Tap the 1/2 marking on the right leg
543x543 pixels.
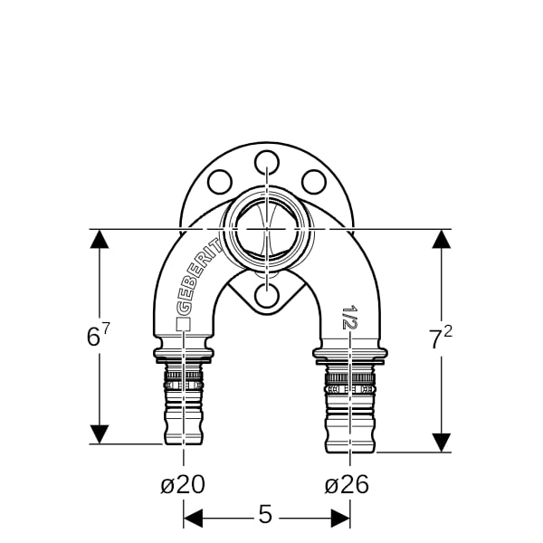coord(349,317)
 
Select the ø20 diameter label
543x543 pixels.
coord(183,484)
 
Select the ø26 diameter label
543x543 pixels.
coord(347,484)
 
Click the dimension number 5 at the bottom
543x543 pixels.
coord(265,515)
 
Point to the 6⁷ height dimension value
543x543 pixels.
coord(98,334)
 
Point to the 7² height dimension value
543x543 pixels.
coord(442,338)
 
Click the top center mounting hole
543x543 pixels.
coord(267,162)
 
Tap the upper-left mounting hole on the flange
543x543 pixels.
coord(220,182)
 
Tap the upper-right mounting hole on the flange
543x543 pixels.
coord(314,182)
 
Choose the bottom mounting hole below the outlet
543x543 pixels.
coord(267,295)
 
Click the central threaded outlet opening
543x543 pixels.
coord(267,229)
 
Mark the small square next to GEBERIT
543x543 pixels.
coord(183,324)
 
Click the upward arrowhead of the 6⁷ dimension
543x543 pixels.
coord(100,239)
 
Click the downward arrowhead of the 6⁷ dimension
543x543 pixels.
coord(100,434)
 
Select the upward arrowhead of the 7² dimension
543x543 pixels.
coord(442,239)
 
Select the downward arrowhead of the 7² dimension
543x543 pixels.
coord(442,443)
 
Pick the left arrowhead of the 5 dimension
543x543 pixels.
coord(193,519)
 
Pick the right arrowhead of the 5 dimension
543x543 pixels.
coord(340,519)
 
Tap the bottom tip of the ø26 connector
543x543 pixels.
coord(350,452)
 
